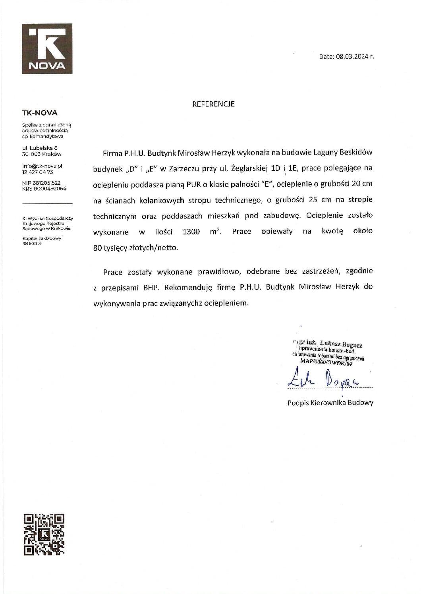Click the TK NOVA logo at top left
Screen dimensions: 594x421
(x=47, y=49)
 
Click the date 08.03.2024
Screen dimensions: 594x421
(x=352, y=56)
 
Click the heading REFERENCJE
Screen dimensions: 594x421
(x=213, y=104)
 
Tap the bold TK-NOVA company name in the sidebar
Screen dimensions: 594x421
(x=40, y=113)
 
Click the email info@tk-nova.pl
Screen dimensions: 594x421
(x=42, y=166)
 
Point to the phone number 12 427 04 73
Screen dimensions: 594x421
(x=38, y=172)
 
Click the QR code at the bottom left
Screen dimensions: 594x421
(x=44, y=534)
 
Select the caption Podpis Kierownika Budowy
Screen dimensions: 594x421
(x=330, y=402)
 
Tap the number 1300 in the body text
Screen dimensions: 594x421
(x=191, y=232)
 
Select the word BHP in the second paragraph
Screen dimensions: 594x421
(x=151, y=287)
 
